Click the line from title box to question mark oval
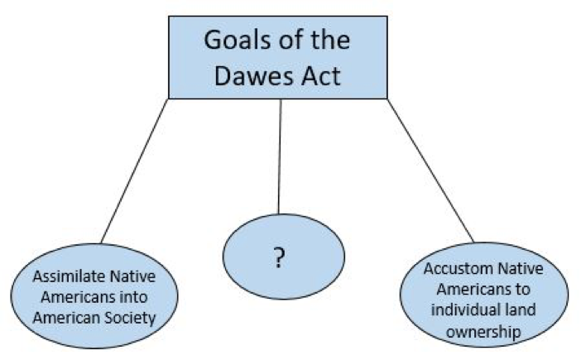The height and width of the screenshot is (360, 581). tap(280, 157)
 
